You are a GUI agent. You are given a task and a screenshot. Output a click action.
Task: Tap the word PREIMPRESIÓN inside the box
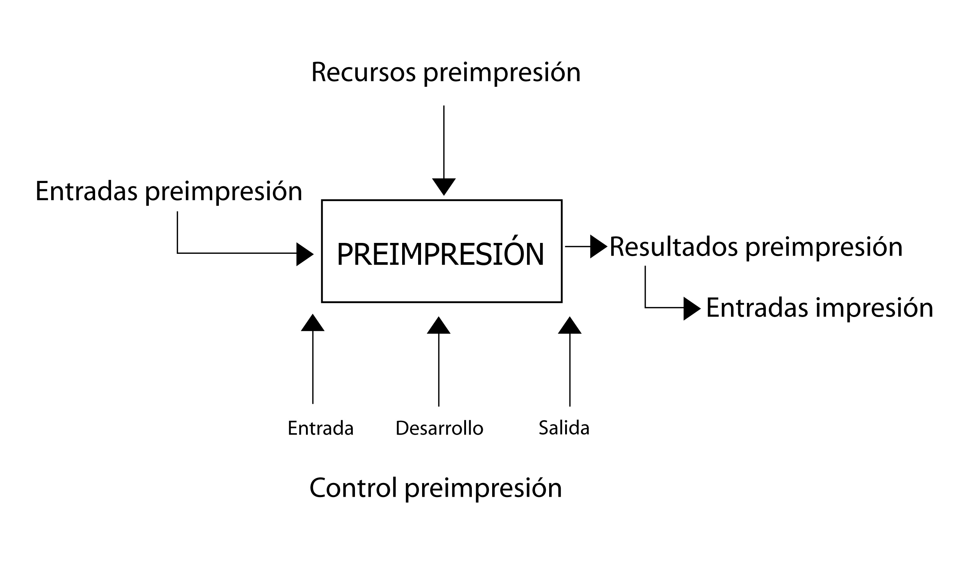(x=440, y=255)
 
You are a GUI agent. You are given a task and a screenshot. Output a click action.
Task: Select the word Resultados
(x=673, y=247)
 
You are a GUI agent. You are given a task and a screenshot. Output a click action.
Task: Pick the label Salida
(x=564, y=428)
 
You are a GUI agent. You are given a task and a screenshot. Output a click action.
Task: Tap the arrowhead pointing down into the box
(x=444, y=186)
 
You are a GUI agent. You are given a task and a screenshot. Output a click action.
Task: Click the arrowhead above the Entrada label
(x=313, y=324)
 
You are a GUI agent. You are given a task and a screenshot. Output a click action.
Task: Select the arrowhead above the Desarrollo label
(x=438, y=326)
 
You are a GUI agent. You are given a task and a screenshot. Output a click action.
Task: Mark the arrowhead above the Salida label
(x=569, y=326)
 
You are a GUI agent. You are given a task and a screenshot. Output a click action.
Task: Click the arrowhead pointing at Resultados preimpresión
(x=598, y=247)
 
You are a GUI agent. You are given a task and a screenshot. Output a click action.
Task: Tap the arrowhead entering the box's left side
(x=305, y=254)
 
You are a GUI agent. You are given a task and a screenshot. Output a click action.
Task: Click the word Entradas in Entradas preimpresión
(x=86, y=191)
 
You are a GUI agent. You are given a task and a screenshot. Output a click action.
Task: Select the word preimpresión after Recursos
(x=502, y=73)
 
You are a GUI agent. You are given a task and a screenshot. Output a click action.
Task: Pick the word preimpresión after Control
(x=483, y=489)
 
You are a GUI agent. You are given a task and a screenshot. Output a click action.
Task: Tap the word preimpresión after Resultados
(x=824, y=248)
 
